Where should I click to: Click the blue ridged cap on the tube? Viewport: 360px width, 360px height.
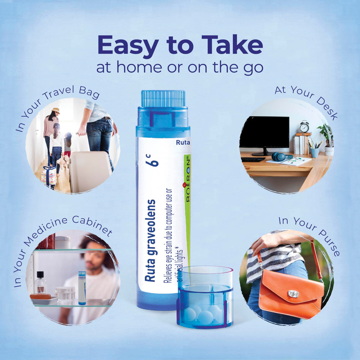point(163,99)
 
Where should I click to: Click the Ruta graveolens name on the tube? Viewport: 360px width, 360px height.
point(150,240)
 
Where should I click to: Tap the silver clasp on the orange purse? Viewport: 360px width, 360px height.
point(293,294)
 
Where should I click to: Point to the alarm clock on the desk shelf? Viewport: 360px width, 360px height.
point(305,126)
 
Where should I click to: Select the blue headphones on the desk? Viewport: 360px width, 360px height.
point(280,157)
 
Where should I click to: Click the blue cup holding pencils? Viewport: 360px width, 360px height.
point(315,152)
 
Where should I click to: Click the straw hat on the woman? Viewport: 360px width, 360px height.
point(56,111)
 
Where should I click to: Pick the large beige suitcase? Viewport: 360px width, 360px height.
point(90,172)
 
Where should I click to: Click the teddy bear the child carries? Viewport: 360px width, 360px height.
point(63,162)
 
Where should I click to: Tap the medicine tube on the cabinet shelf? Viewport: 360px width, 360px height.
point(82,288)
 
